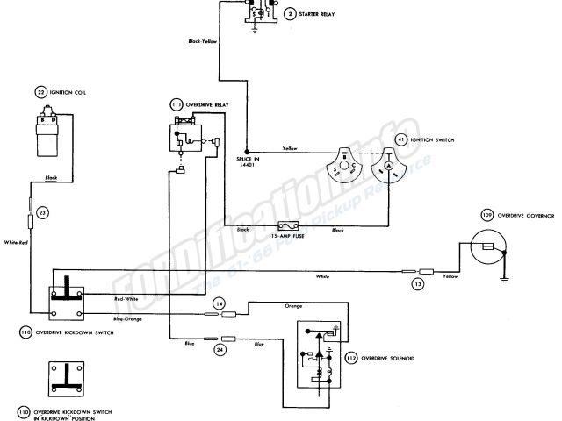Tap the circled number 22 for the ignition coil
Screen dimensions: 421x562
[x=41, y=92]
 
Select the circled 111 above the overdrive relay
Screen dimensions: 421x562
[x=177, y=104]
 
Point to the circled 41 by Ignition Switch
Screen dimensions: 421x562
[x=401, y=139]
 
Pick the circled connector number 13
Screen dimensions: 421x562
[x=419, y=284]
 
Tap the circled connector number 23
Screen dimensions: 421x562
[x=43, y=211]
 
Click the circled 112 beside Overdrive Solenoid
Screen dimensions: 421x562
[x=351, y=357]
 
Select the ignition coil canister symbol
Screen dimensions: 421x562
[x=48, y=132]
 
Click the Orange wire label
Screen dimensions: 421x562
[x=293, y=307]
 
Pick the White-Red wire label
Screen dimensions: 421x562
[x=17, y=242]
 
